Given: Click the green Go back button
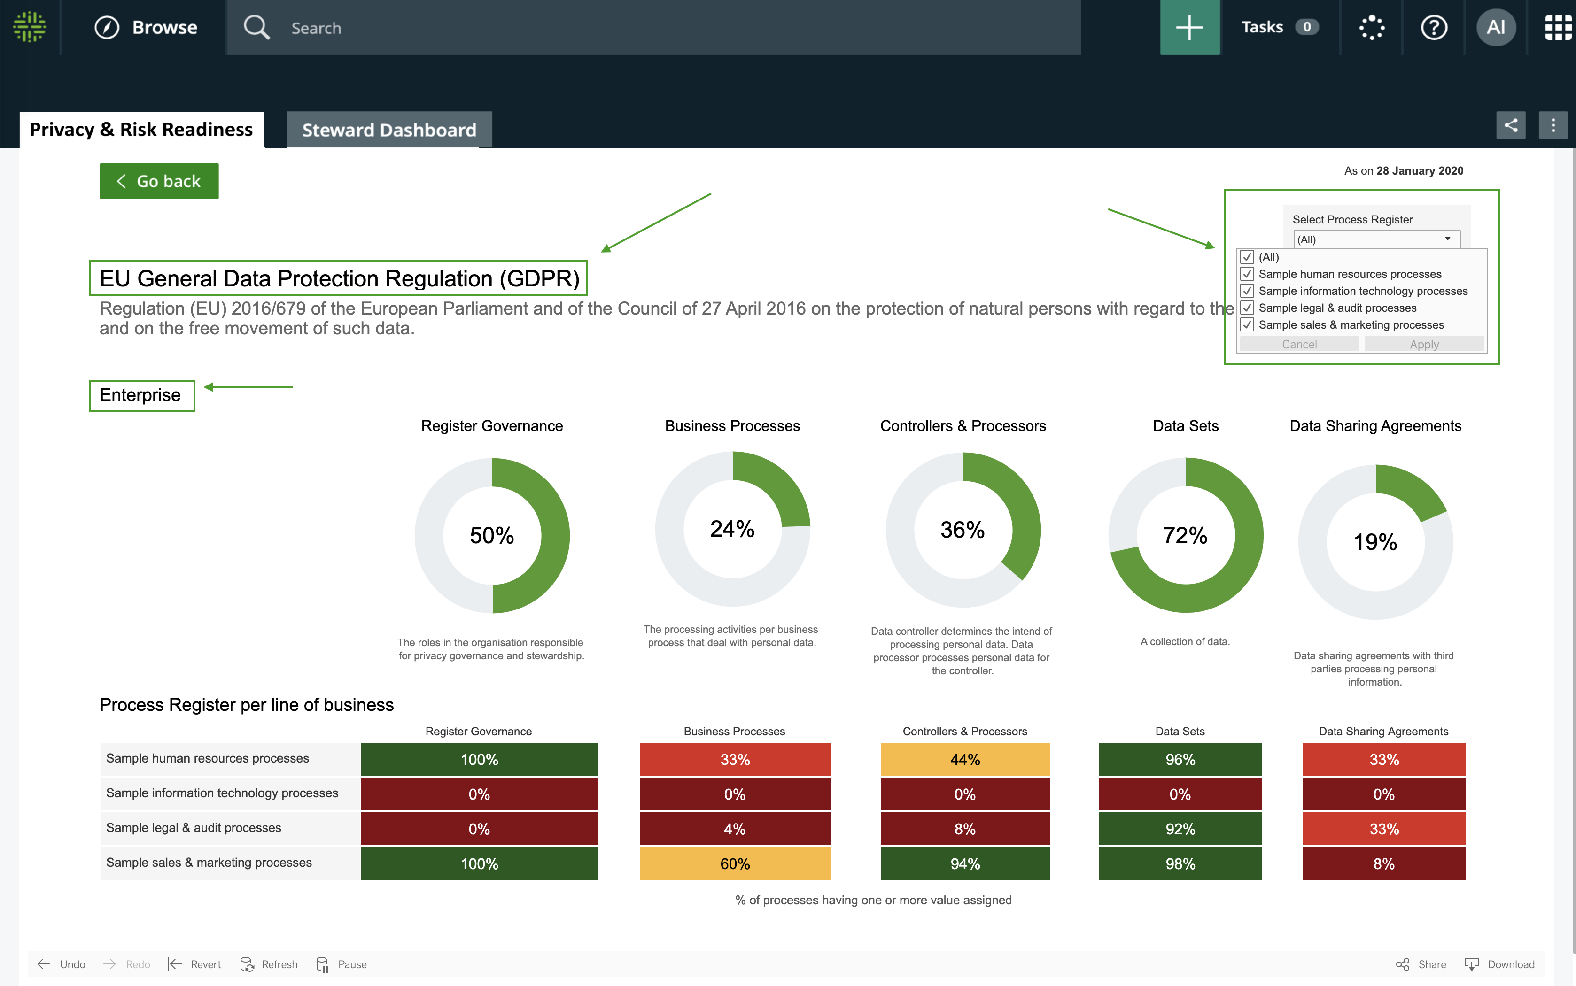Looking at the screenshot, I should coord(158,181).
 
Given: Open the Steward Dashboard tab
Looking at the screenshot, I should coord(389,130).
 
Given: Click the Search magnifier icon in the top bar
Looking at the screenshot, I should coord(256,27).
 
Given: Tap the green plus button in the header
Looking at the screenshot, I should coord(1189,27).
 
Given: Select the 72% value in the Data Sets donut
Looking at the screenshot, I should coord(1185,535).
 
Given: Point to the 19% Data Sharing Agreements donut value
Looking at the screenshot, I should coord(1375,542).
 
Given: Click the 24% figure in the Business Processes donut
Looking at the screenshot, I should coord(732,529).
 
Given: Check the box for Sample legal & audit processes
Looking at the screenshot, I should coord(1247,308).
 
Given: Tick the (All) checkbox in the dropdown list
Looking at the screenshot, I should coord(1247,257).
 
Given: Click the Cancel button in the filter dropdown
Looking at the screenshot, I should coord(1299,344).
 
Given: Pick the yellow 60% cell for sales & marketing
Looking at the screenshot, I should coord(735,864).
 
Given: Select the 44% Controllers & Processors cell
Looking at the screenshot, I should coord(965,760).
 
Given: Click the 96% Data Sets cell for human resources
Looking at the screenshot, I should coord(1180,760).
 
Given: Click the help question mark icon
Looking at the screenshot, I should coord(1433,27).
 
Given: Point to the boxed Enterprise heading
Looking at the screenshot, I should coord(141,395).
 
